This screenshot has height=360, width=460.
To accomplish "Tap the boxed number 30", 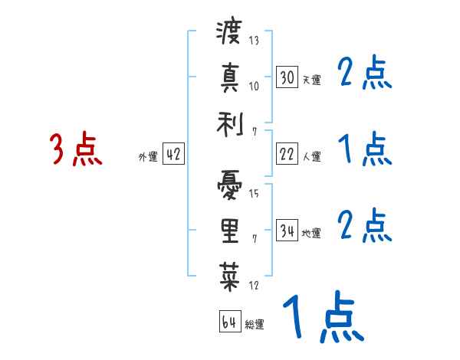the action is tap(287, 77).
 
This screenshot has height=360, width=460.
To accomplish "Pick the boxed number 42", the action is tap(173, 155).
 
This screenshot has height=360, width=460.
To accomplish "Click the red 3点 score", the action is tap(76, 149).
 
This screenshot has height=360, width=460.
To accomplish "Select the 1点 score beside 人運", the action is tap(365, 149).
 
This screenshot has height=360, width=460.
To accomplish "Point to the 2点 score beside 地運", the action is tap(365, 226).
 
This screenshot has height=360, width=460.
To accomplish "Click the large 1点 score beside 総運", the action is tap(322, 318).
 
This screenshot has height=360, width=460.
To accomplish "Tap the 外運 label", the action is tap(148, 157).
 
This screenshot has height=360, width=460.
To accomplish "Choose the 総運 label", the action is tap(254, 324).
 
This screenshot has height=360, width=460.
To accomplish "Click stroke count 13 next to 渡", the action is tap(254, 41).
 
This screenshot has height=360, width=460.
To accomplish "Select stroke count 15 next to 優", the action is tap(254, 193).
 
